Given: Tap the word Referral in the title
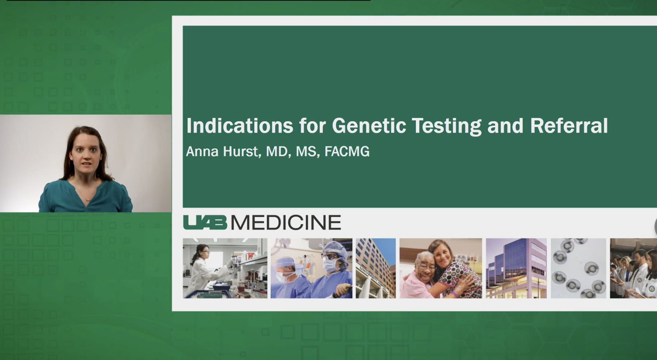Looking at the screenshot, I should [x=568, y=125].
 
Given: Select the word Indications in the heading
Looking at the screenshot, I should [x=240, y=125].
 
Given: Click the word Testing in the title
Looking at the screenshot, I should [x=446, y=125].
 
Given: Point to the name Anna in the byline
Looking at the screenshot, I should [x=202, y=151].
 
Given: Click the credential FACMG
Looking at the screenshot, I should [x=347, y=151].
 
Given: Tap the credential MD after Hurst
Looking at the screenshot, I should [x=277, y=151].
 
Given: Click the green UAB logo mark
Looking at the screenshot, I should [x=205, y=222].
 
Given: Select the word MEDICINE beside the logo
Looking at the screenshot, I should [x=286, y=222].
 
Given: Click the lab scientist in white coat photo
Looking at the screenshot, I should [x=225, y=268].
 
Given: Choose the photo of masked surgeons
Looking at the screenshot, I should [x=311, y=268].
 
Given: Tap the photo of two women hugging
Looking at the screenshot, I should [x=441, y=268].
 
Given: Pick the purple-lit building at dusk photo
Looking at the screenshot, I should [x=516, y=268].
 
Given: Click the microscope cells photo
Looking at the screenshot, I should [x=578, y=268].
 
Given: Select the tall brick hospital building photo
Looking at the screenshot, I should [x=375, y=268].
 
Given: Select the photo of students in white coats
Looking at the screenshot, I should [x=633, y=268].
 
